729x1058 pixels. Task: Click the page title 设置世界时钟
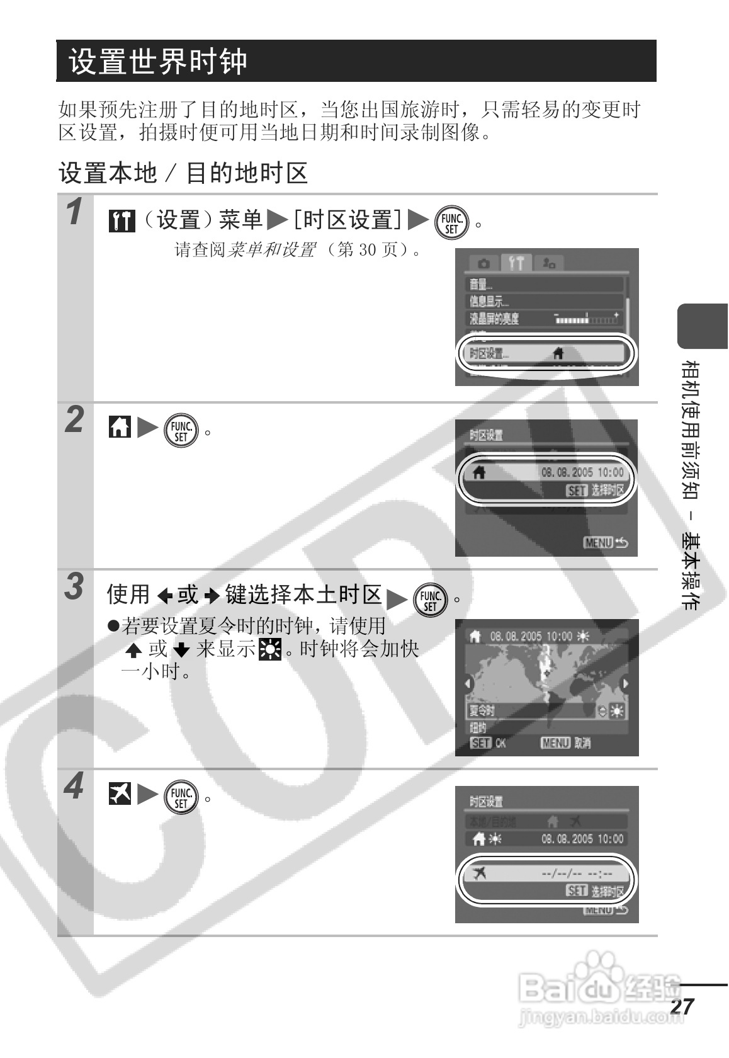(159, 62)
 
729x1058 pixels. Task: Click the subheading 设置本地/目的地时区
(183, 173)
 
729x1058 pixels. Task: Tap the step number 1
(76, 212)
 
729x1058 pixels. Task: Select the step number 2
(76, 420)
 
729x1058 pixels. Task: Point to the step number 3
(75, 587)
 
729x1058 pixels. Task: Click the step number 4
(75, 787)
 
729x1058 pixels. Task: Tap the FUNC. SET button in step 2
(181, 431)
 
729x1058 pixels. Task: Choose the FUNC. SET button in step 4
(181, 797)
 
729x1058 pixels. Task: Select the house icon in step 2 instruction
(119, 428)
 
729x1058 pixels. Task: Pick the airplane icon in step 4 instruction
(119, 793)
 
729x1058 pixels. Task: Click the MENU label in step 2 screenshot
(598, 542)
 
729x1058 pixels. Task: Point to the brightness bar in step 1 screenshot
(586, 319)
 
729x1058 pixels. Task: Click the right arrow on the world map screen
(624, 684)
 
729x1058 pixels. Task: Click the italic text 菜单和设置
(271, 250)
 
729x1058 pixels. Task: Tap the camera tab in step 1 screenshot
(483, 263)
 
